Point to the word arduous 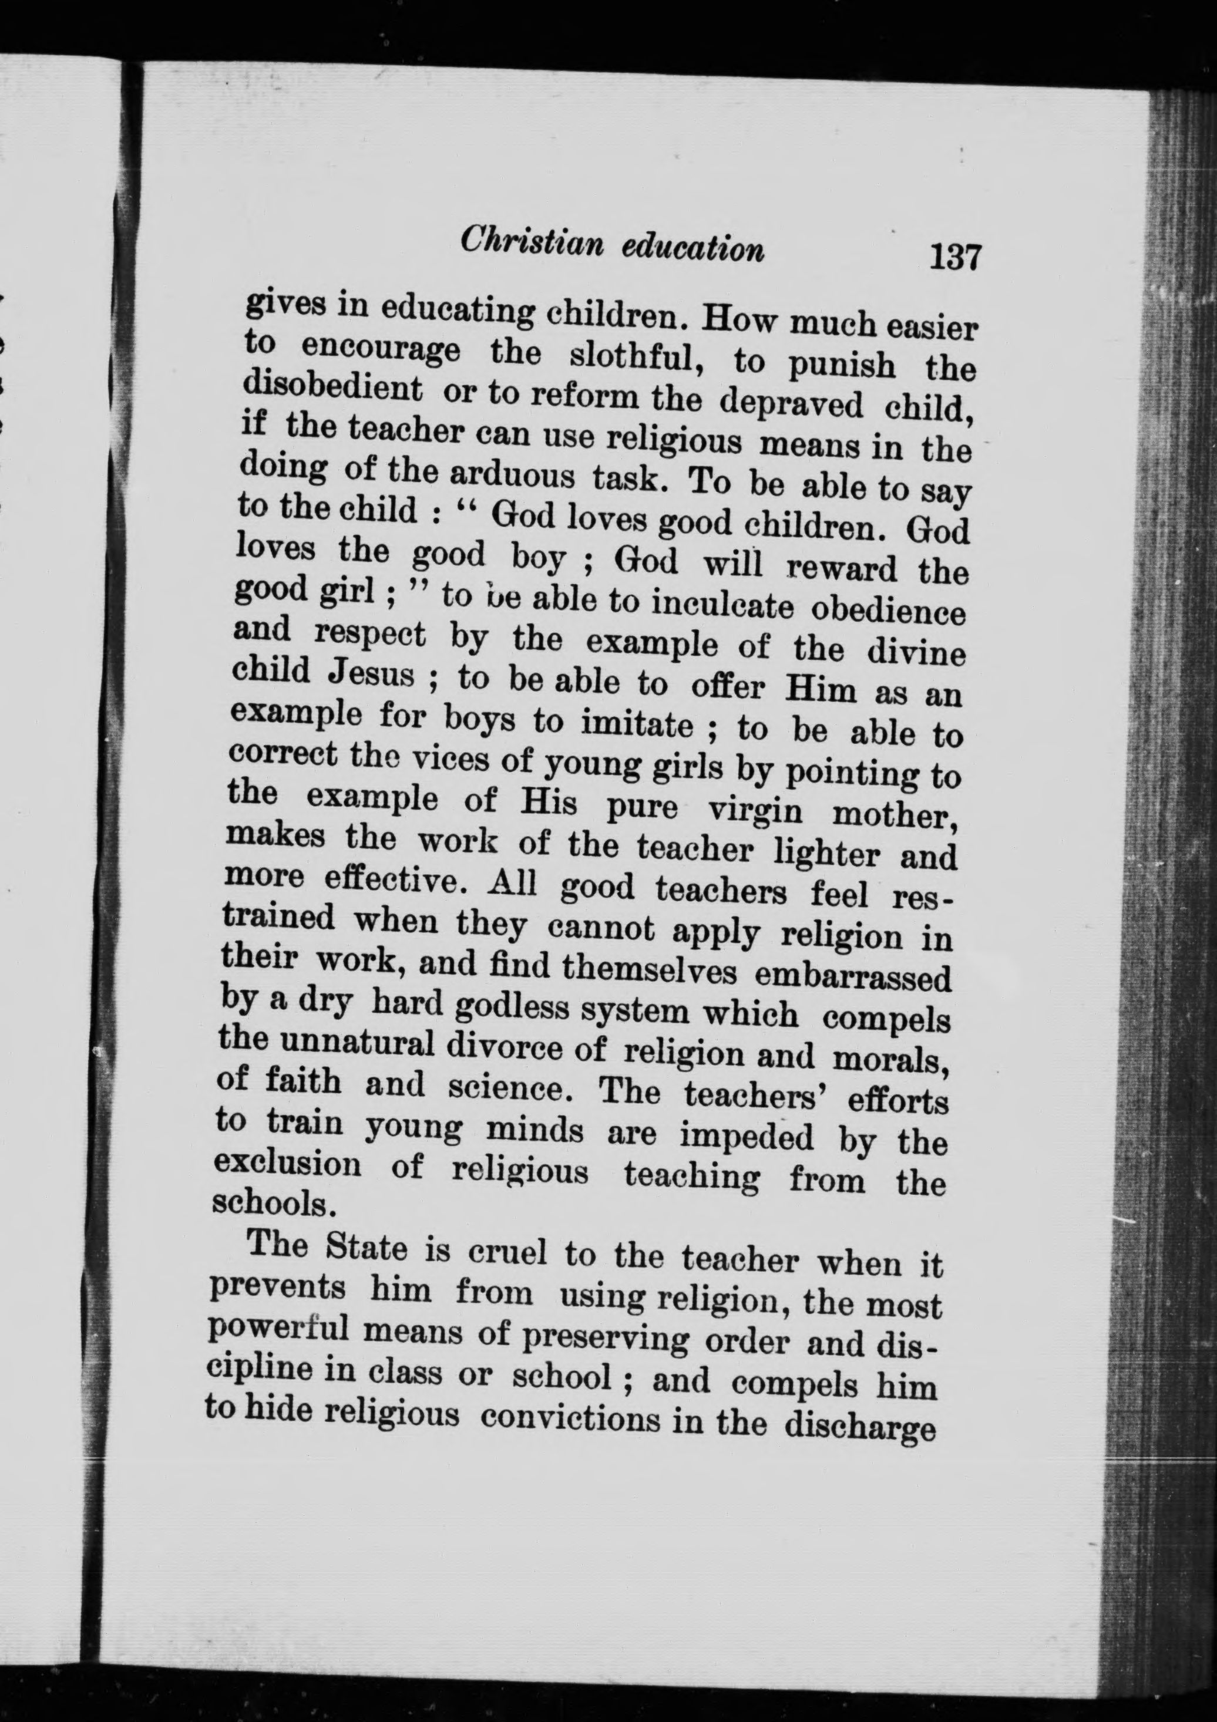[506, 476]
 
